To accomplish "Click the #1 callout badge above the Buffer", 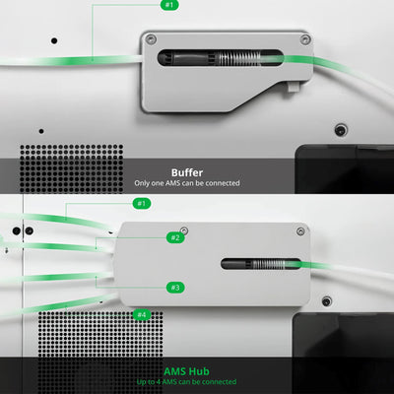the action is pyautogui.click(x=169, y=5).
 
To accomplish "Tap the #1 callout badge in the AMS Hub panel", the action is pyautogui.click(x=142, y=204).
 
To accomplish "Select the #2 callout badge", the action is pyautogui.click(x=175, y=237).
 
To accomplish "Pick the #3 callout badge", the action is pyautogui.click(x=175, y=288).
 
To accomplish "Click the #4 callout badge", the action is pyautogui.click(x=142, y=315).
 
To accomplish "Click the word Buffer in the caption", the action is pyautogui.click(x=187, y=172).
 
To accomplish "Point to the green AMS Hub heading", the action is pyautogui.click(x=186, y=371).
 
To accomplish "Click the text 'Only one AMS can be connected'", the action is pyautogui.click(x=187, y=183).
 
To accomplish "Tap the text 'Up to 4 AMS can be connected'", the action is pyautogui.click(x=186, y=382).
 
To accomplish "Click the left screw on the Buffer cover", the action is pyautogui.click(x=151, y=39).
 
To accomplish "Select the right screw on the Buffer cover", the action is pyautogui.click(x=305, y=39).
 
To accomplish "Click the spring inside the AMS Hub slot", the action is pyautogui.click(x=268, y=264).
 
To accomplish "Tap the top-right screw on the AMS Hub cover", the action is pyautogui.click(x=300, y=231).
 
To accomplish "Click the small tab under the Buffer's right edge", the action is pyautogui.click(x=294, y=87).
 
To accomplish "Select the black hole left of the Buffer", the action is pyautogui.click(x=54, y=41).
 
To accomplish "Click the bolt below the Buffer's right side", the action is pyautogui.click(x=341, y=130).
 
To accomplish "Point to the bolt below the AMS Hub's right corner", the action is pyautogui.click(x=326, y=301).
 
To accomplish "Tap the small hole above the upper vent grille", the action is pyautogui.click(x=41, y=131).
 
